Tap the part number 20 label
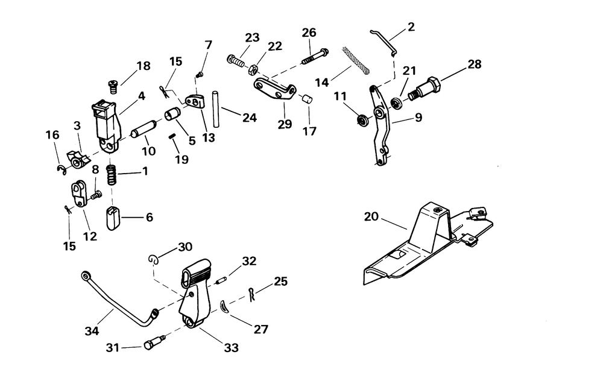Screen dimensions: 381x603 pos(371,217)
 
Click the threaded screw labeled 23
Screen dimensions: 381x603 pos(236,60)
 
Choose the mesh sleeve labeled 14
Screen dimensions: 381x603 pos(356,59)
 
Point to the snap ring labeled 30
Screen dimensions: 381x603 pos(154,259)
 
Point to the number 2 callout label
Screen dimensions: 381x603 pos(411,27)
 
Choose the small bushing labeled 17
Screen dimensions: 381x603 pos(305,99)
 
